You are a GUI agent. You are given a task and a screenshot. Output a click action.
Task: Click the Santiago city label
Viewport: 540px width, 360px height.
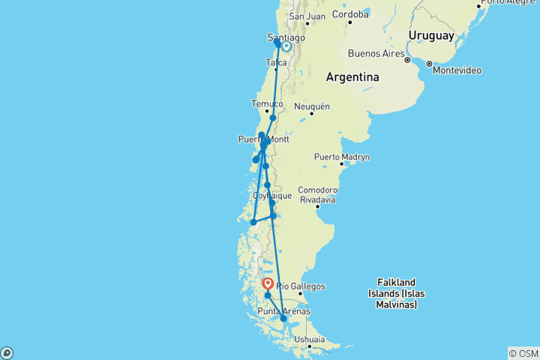286,37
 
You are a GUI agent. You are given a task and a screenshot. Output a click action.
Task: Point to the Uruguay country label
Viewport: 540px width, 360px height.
430,35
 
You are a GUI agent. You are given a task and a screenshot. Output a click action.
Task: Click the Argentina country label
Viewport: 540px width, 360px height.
352,77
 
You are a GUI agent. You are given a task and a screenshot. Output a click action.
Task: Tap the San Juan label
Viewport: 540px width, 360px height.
306,16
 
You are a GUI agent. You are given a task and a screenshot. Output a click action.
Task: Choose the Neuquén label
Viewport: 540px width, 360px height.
312,106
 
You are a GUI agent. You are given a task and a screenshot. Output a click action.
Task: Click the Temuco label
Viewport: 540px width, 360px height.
268,103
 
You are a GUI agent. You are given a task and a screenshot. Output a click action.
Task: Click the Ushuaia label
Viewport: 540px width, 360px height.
310,340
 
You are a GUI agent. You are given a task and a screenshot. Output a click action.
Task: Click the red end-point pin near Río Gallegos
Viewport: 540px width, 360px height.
268,284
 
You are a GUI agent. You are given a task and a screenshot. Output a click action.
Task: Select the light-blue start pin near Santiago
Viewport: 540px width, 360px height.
286,46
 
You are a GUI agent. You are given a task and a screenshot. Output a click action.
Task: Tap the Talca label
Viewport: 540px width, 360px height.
276,63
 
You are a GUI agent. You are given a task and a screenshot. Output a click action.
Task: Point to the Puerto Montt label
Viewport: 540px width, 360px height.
262,139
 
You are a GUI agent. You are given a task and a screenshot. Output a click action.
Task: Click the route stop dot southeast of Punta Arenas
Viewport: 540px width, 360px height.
283,319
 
